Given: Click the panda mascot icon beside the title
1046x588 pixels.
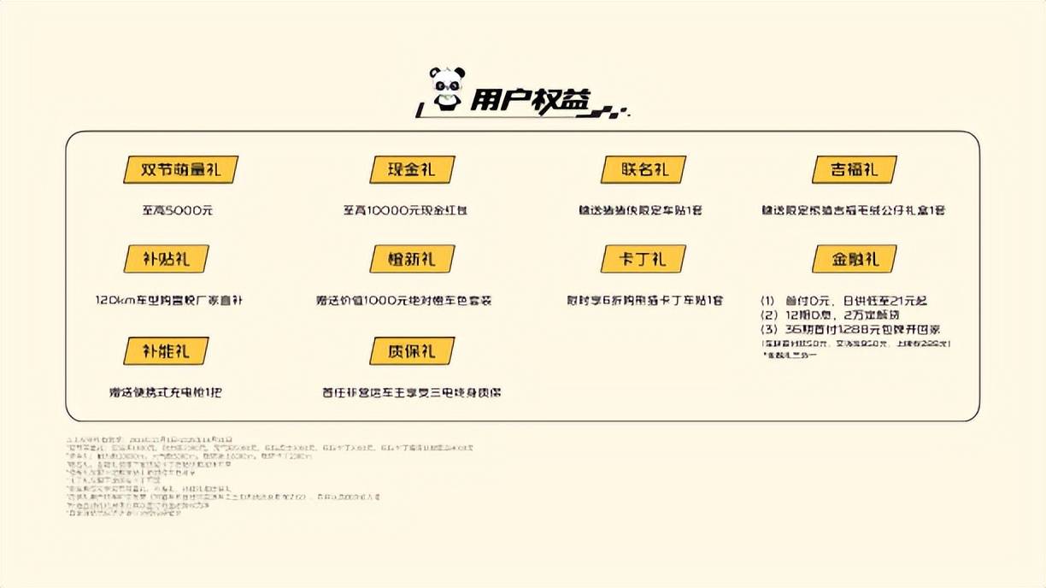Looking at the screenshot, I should [446, 88].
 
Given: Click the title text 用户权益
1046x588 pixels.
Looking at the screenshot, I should [530, 101].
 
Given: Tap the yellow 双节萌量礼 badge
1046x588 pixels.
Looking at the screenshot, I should [180, 169].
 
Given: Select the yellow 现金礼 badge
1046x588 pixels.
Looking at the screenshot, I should [411, 169].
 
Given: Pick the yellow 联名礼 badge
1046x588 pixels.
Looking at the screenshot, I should [643, 169].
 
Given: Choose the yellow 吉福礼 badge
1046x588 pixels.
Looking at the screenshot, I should [854, 169].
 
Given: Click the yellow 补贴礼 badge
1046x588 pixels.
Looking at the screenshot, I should [167, 259].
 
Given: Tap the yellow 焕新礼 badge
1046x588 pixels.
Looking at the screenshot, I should [411, 259].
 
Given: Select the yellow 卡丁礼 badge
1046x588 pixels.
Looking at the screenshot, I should [643, 259].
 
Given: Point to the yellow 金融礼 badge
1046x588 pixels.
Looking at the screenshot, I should [854, 259].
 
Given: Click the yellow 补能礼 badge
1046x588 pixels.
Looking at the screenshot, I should [167, 350].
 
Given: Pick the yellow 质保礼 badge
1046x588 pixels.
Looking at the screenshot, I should [411, 350].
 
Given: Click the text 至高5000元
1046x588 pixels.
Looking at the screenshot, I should [177, 210].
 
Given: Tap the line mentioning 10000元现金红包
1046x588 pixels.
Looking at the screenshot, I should [405, 210].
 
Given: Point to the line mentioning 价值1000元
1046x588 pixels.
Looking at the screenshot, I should [403, 301].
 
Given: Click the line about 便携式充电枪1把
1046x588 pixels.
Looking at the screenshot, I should [166, 393].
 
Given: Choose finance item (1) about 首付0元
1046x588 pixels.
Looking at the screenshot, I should [844, 301].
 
